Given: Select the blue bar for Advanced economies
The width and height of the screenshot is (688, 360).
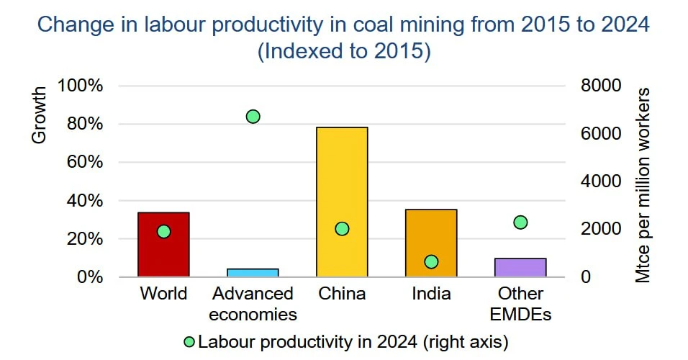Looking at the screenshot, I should [253, 273].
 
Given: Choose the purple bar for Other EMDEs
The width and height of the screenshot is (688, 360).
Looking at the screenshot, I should [520, 268].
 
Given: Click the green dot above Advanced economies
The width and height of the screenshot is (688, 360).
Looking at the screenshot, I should [253, 117].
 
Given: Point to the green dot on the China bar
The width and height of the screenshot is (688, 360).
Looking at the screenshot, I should [342, 229].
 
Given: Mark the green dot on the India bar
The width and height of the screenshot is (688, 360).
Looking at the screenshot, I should [431, 262].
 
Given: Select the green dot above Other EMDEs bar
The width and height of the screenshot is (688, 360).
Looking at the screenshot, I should [520, 222].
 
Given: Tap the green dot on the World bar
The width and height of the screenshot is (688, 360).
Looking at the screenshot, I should [163, 232].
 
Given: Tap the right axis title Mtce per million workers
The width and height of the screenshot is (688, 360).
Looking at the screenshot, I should [643, 185].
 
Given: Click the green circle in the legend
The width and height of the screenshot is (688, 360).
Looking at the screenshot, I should [189, 341].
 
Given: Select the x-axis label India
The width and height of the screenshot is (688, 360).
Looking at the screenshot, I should [431, 294].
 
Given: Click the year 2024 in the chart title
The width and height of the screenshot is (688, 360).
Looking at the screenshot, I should [625, 24].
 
